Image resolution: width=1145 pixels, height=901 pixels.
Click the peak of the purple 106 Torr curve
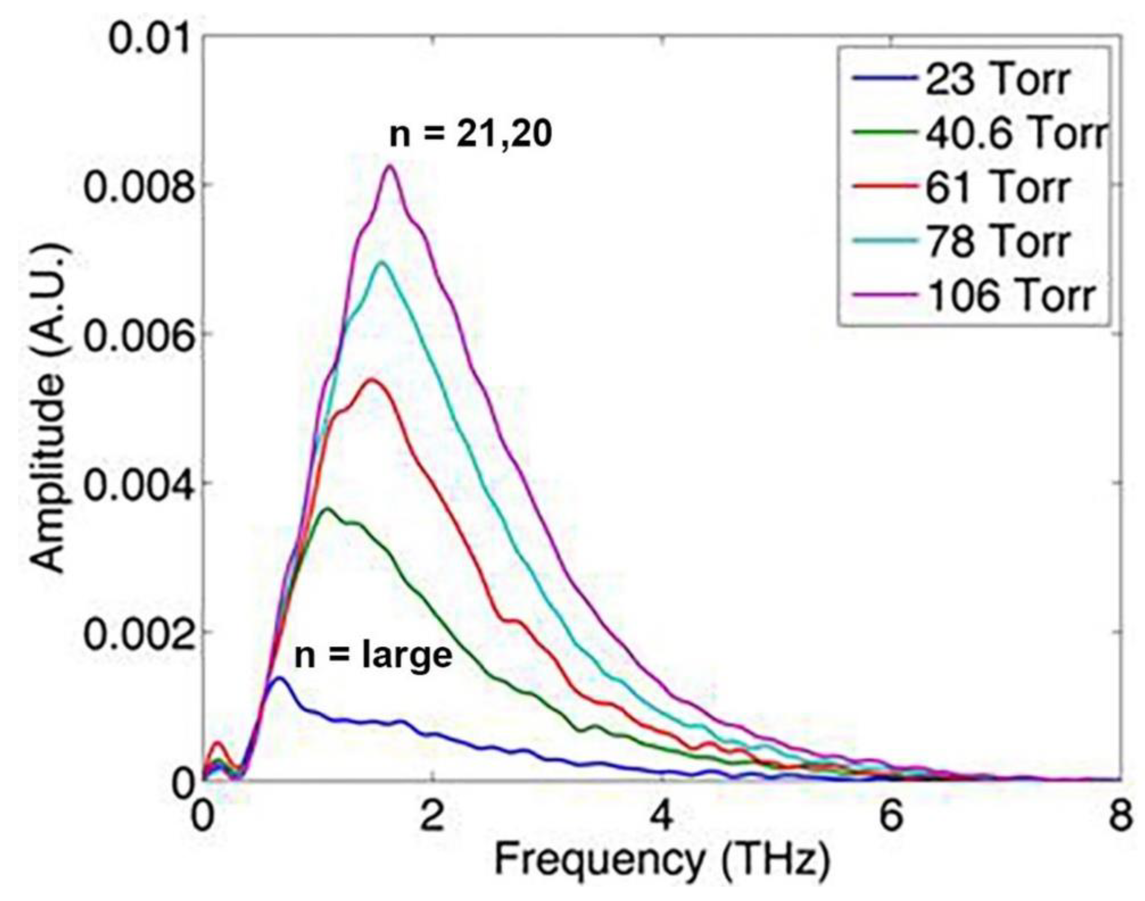390,166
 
